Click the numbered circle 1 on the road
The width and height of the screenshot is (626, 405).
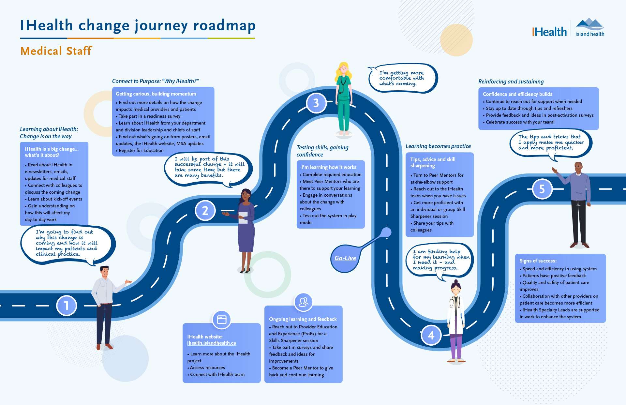pyautogui.click(x=67, y=306)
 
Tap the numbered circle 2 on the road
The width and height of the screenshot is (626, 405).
pyautogui.click(x=205, y=210)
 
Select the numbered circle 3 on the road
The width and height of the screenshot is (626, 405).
pyautogui.click(x=316, y=103)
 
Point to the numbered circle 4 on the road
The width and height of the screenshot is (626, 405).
pyautogui.click(x=431, y=335)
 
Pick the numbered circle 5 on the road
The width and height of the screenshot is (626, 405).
pyautogui.click(x=542, y=189)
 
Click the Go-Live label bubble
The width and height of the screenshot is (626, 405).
pyautogui.click(x=345, y=258)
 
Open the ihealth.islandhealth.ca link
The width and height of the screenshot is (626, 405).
pyautogui.click(x=211, y=343)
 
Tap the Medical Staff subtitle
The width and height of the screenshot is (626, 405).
pyautogui.click(x=56, y=51)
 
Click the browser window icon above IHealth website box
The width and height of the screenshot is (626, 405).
pyautogui.click(x=222, y=320)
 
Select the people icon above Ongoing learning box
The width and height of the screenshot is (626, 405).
pyautogui.click(x=303, y=302)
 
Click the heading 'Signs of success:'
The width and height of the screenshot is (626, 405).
pyautogui.click(x=538, y=261)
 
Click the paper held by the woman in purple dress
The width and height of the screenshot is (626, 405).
pyautogui.click(x=243, y=217)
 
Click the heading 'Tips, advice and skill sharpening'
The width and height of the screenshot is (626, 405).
pyautogui.click(x=433, y=162)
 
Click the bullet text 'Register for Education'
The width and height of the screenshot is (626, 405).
pyautogui.click(x=141, y=150)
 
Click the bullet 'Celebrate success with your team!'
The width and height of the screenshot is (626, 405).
pyautogui.click(x=520, y=122)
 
